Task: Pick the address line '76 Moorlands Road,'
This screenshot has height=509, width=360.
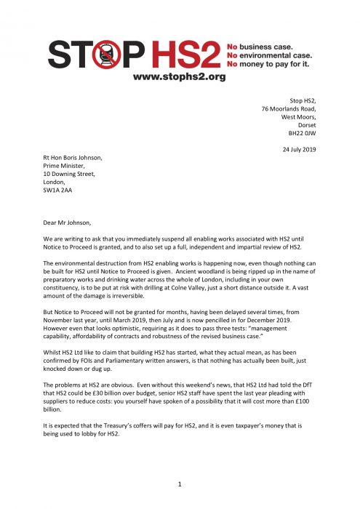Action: (290, 108)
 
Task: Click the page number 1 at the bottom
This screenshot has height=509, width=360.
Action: (180, 482)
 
